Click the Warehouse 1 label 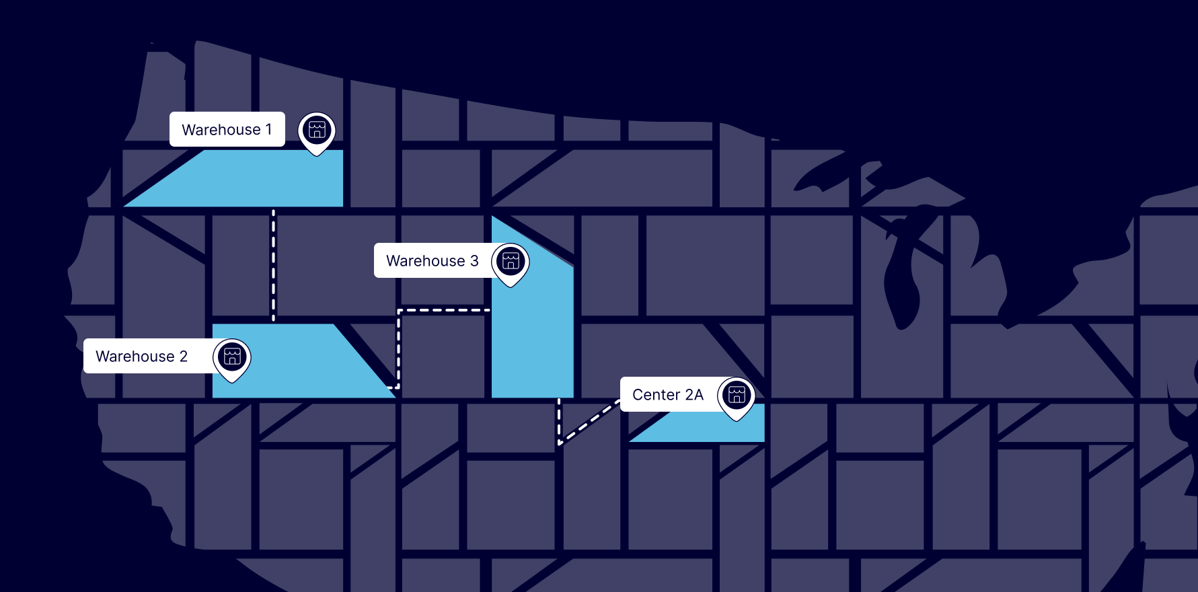pos(227,129)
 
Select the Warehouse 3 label pos(433,260)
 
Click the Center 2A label pos(668,394)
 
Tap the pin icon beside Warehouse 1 pos(317,131)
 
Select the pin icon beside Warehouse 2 pos(232,357)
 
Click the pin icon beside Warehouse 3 pos(511,262)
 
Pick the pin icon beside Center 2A pos(737,396)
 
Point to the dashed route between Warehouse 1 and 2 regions pos(273,266)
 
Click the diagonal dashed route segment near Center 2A pos(589,422)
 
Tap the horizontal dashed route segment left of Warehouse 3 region pos(444,310)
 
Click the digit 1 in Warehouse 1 pos(269,129)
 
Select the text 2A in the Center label pos(694,394)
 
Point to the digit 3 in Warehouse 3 pos(474,260)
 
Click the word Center pos(656,394)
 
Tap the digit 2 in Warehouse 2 pos(183,356)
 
